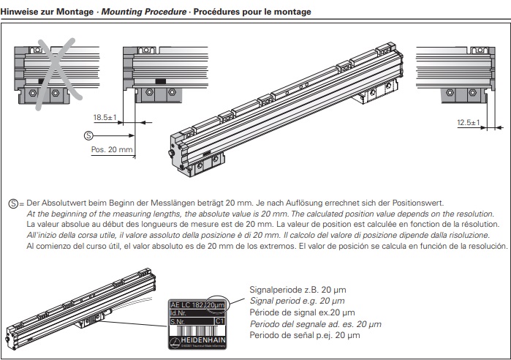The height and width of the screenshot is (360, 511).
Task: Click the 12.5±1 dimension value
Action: [x=466, y=123]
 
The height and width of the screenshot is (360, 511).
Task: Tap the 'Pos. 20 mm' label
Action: [x=112, y=149]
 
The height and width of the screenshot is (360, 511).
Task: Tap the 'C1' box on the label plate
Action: [x=219, y=321]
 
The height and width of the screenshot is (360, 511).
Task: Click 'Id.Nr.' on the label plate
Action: [x=180, y=313]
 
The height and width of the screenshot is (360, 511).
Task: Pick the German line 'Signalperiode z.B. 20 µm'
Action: [x=298, y=289]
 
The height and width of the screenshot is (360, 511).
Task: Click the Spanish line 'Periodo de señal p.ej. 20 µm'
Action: [x=305, y=335]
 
